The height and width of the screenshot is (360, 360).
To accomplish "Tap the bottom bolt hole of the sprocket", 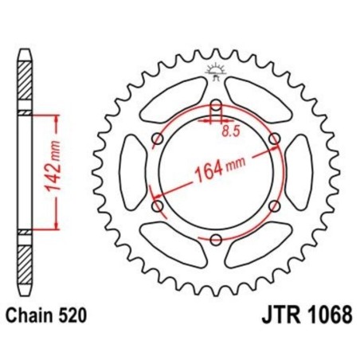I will click(216, 238).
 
